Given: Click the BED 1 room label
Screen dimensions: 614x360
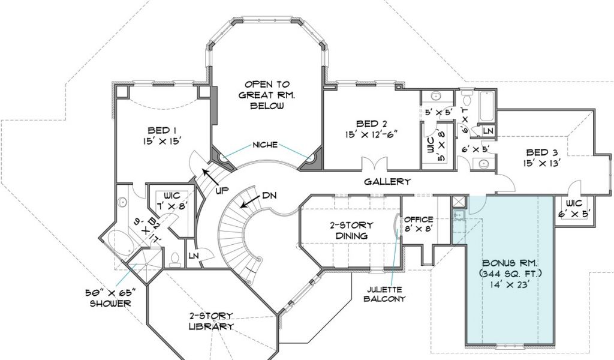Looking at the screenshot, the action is [x=158, y=130].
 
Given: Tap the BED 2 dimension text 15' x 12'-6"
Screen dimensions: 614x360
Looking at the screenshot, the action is [x=371, y=134].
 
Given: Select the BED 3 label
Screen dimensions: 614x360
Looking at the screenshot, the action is [x=542, y=153].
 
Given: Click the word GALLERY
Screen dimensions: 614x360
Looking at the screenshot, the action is [x=387, y=181].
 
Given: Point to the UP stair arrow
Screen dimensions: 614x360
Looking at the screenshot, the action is [x=210, y=176].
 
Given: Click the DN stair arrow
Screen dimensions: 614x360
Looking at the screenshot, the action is [x=249, y=202].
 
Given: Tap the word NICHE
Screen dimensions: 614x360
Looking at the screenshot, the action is [x=265, y=145].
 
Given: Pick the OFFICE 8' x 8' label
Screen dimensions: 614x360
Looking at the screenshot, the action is [x=419, y=223].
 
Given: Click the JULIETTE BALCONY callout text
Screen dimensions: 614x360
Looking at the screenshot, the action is [x=384, y=294].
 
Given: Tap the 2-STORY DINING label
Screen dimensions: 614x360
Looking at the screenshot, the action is [x=351, y=230].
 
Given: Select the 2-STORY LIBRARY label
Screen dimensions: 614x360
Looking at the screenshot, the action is [x=212, y=321].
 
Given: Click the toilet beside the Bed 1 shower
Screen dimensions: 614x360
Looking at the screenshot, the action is [x=175, y=260].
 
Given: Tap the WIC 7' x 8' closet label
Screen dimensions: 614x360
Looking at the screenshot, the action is [x=172, y=200].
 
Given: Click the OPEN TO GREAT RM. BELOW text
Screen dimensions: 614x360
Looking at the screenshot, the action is [x=264, y=95].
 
